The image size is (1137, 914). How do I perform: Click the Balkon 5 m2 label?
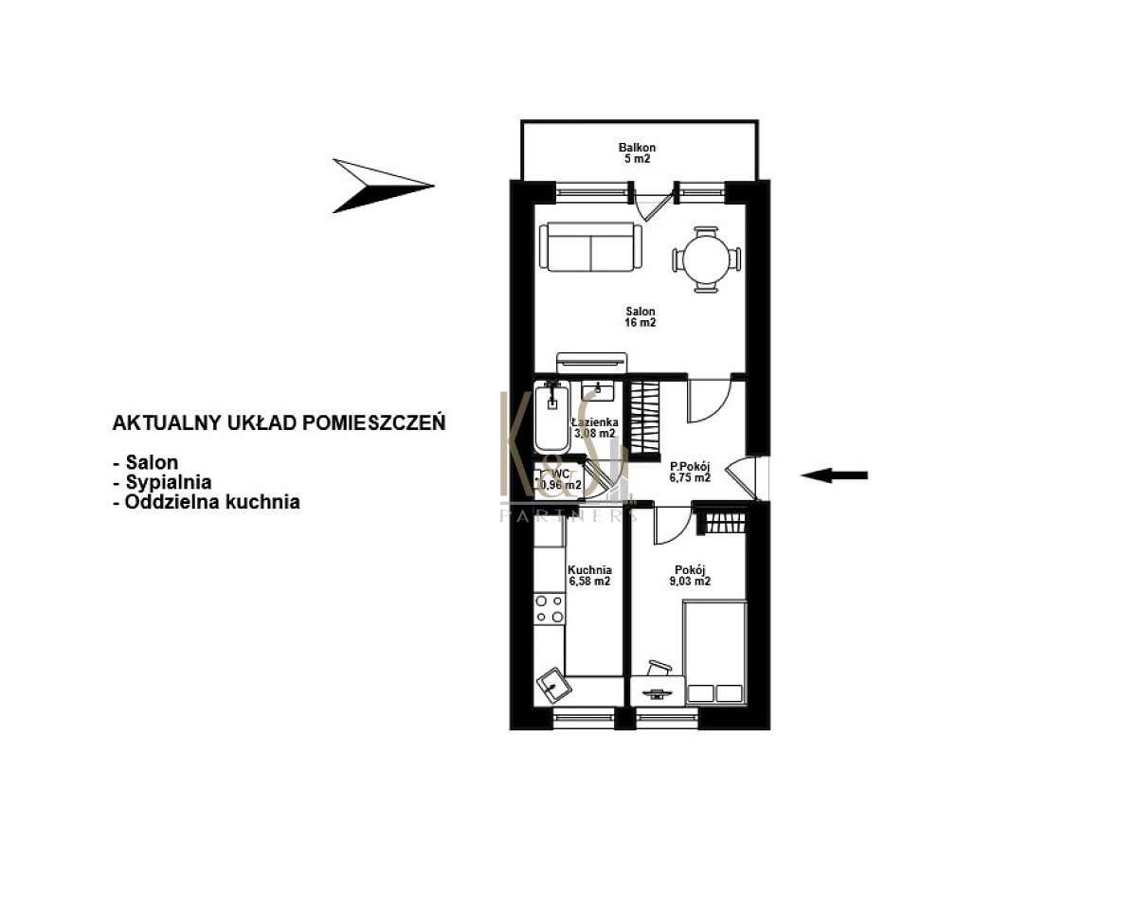point(638,153)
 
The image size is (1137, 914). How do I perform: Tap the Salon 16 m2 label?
point(640,316)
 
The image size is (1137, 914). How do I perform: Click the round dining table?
point(706,258)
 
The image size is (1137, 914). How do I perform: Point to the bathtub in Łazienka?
point(550,418)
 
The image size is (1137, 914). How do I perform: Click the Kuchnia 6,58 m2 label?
point(588,576)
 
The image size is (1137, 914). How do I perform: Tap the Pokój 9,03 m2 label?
point(689,576)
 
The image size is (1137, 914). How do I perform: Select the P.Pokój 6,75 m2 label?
point(690,472)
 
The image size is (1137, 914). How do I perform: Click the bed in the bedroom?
point(714,654)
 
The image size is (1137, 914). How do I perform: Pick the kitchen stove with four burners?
point(549,608)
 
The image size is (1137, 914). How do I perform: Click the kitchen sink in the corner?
point(550,682)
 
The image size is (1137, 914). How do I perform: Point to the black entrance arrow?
point(833,475)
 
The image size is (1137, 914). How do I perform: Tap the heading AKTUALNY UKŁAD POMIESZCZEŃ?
point(279,423)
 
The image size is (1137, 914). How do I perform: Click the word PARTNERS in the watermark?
point(567,515)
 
